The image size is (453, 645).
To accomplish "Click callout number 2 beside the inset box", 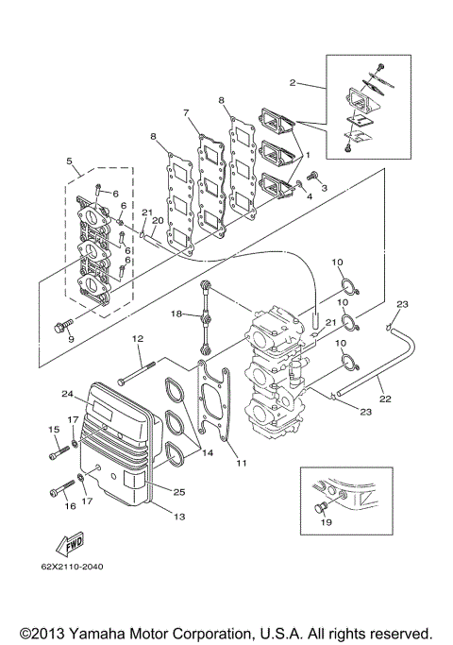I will tap(294, 84).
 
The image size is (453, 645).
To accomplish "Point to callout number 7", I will tap(188, 113).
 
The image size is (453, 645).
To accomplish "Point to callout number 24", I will tap(68, 394).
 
